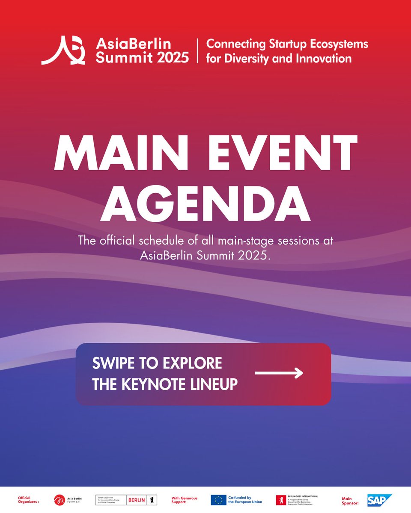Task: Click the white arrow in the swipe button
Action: (x=279, y=373)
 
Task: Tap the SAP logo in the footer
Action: (x=379, y=500)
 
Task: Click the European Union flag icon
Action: (x=218, y=500)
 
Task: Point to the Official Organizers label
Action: (x=28, y=500)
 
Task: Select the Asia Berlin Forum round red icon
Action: (x=60, y=500)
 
